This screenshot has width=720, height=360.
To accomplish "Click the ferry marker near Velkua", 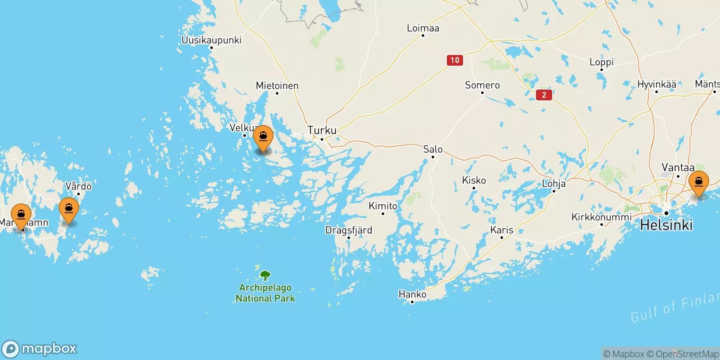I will (x=263, y=137).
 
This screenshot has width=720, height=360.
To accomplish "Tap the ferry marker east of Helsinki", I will (x=698, y=183).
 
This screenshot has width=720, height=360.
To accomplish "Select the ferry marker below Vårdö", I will (x=69, y=209).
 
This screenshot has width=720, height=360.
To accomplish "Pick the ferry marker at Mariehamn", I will (x=21, y=215).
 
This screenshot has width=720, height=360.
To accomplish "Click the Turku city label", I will (x=322, y=130).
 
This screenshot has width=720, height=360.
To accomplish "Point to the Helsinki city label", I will (x=666, y=225).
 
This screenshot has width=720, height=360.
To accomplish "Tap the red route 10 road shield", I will (x=455, y=60).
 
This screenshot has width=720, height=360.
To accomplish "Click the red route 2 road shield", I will (x=544, y=95).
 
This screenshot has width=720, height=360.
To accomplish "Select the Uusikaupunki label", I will (x=211, y=40).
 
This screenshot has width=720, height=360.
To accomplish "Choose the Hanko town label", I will (x=412, y=294).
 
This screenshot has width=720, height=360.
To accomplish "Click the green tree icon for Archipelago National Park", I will (x=265, y=275).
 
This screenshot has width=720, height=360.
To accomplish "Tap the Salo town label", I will (x=433, y=149).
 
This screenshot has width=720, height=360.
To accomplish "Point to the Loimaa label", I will (x=423, y=28).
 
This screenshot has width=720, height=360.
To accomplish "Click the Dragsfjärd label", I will (x=349, y=230).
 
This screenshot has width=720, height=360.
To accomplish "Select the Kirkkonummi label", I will (x=601, y=217).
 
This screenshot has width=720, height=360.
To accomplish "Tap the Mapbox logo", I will (x=40, y=349).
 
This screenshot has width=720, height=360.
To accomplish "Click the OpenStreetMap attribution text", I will (x=683, y=354).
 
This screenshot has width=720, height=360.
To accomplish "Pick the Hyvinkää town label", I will (x=657, y=84).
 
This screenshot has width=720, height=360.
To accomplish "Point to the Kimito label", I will (x=383, y=206).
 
